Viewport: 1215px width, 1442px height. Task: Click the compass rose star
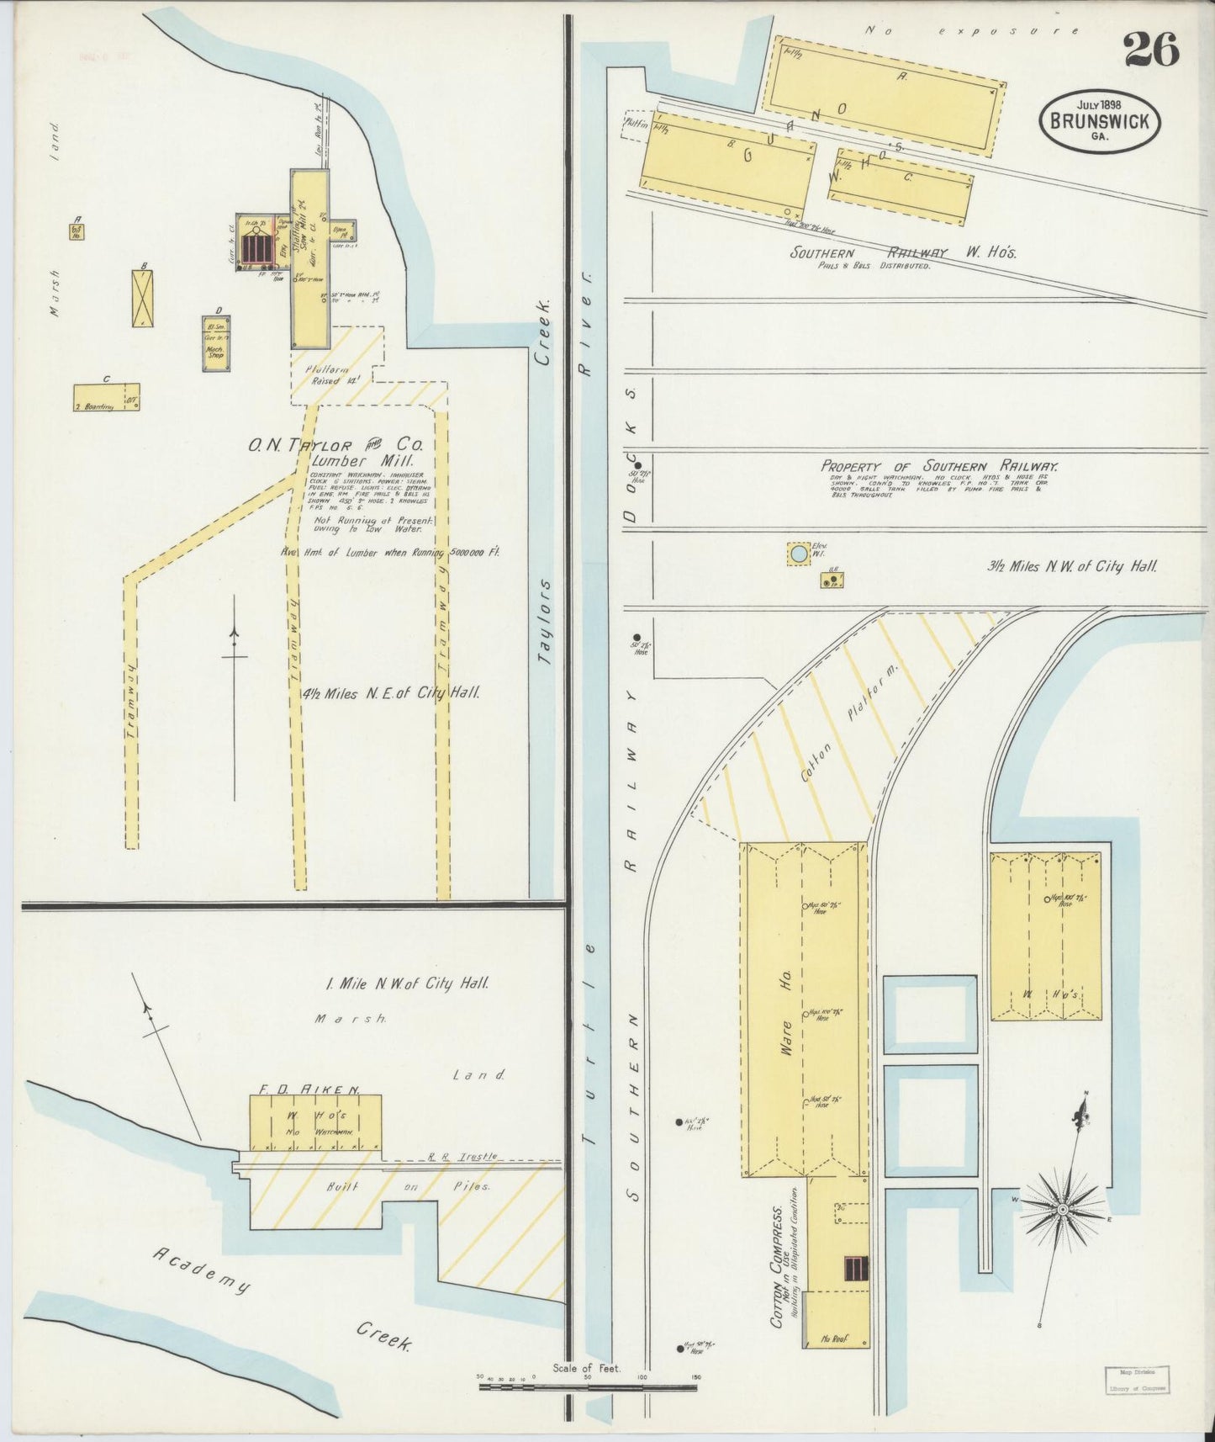coord(1062,1209)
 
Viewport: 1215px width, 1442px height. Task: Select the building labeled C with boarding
coord(106,396)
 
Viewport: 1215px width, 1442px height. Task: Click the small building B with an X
coord(143,298)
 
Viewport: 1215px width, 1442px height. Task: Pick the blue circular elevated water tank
coord(797,554)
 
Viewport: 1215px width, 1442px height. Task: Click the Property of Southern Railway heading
coord(939,466)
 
